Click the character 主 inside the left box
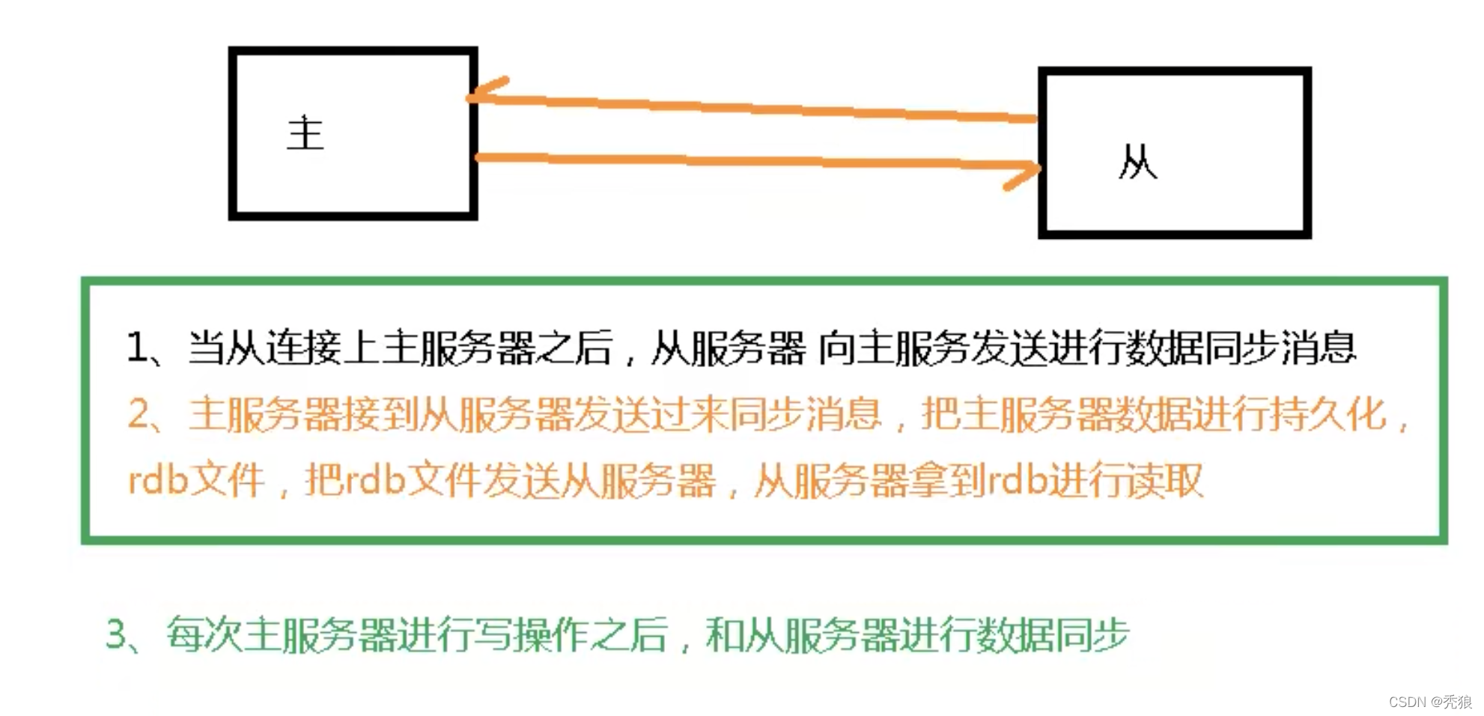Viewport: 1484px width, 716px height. point(305,133)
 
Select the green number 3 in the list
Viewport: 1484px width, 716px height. point(118,635)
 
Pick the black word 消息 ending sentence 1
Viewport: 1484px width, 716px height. point(1318,348)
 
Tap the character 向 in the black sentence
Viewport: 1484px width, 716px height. point(836,348)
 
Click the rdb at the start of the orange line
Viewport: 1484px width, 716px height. point(158,480)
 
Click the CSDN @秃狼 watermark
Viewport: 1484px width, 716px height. point(1430,702)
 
